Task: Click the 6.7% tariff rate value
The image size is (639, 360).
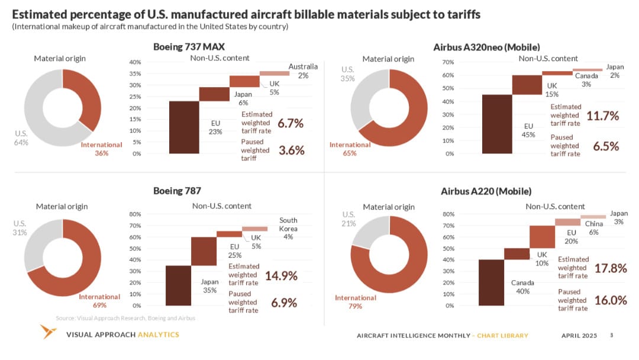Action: [290, 124]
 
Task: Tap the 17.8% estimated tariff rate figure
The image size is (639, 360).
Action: [610, 268]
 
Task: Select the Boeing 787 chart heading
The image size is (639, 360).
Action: [177, 191]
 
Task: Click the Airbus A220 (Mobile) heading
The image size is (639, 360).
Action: [486, 191]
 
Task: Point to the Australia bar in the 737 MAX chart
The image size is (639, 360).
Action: [275, 73]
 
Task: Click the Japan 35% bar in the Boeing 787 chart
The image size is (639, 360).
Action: [204, 251]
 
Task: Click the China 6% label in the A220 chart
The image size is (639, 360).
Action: [594, 228]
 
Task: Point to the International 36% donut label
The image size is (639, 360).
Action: [101, 149]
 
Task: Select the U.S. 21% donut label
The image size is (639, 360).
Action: [348, 218]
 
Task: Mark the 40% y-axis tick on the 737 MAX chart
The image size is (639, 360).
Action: [134, 62]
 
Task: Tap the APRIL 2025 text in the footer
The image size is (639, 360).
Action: [579, 336]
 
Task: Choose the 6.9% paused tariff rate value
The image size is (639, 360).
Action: [283, 303]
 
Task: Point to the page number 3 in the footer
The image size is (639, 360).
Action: [611, 336]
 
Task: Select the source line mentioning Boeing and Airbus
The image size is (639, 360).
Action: [125, 318]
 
